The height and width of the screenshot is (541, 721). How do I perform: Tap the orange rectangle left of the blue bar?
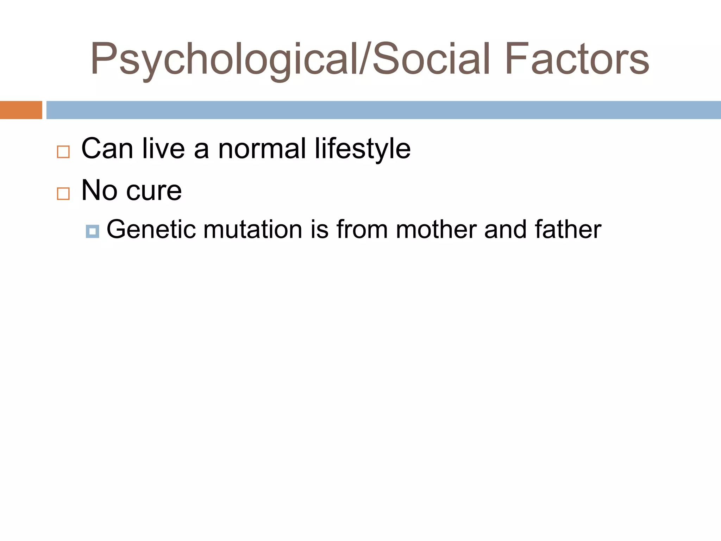pyautogui.click(x=21, y=110)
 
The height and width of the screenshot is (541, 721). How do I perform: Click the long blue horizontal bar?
pyautogui.click(x=383, y=110)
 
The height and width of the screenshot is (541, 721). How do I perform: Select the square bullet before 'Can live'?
pyautogui.click(x=63, y=152)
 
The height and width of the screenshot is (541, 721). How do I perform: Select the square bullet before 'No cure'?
pyautogui.click(x=63, y=194)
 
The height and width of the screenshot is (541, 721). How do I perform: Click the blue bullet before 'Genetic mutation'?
pyautogui.click(x=92, y=231)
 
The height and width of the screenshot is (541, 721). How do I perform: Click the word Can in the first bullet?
pyautogui.click(x=107, y=149)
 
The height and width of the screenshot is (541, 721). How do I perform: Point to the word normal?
pyautogui.click(x=262, y=149)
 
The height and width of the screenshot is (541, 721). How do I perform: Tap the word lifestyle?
pyautogui.click(x=363, y=149)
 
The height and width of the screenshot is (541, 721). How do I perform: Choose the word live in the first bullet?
pyautogui.click(x=164, y=149)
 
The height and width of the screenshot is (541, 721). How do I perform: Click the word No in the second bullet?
pyautogui.click(x=99, y=191)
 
